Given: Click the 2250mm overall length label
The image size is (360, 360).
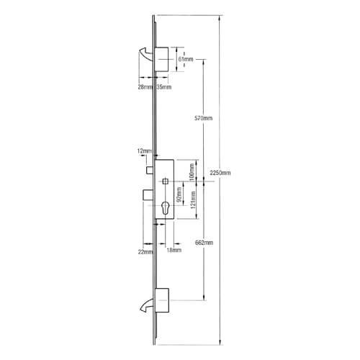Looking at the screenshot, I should (x=219, y=173).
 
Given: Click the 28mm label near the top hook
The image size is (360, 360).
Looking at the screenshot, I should (x=144, y=87).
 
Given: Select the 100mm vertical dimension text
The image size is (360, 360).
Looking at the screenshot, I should (x=192, y=173).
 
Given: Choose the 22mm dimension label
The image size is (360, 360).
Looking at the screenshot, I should (x=146, y=252).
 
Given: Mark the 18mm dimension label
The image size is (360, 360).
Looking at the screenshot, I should (x=173, y=252).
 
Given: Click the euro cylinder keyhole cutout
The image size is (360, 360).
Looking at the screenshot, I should (x=165, y=210).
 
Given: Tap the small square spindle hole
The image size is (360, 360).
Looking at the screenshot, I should (x=165, y=180).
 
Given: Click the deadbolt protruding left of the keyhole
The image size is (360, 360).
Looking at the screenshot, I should (x=146, y=195).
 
